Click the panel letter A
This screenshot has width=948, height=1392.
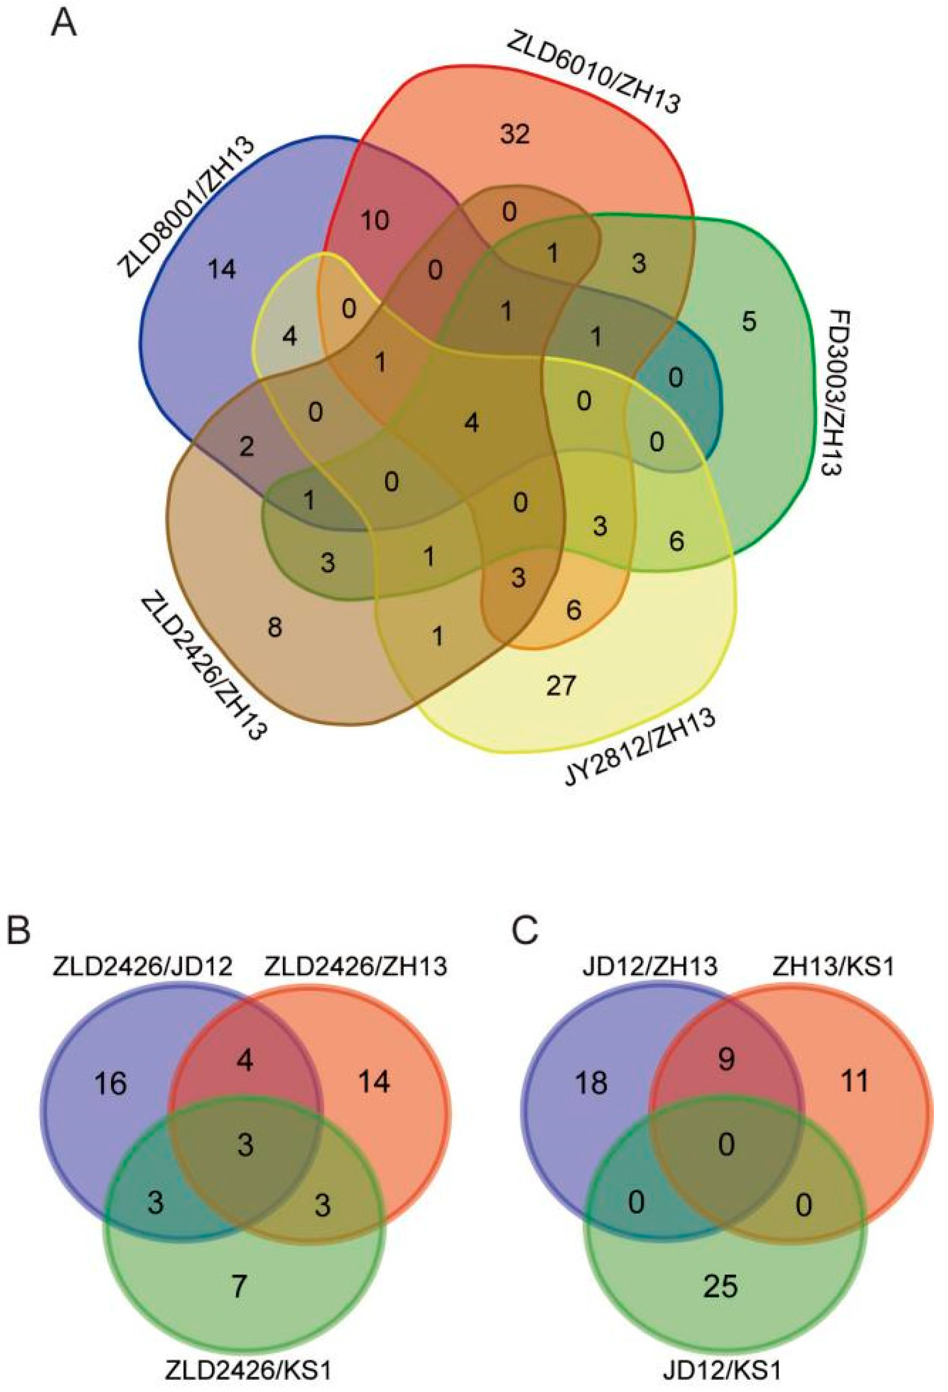pos(64,25)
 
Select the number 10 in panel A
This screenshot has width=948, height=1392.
pos(375,221)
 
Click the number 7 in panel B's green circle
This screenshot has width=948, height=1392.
pos(239,1284)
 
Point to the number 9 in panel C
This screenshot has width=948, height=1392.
pos(726,1060)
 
